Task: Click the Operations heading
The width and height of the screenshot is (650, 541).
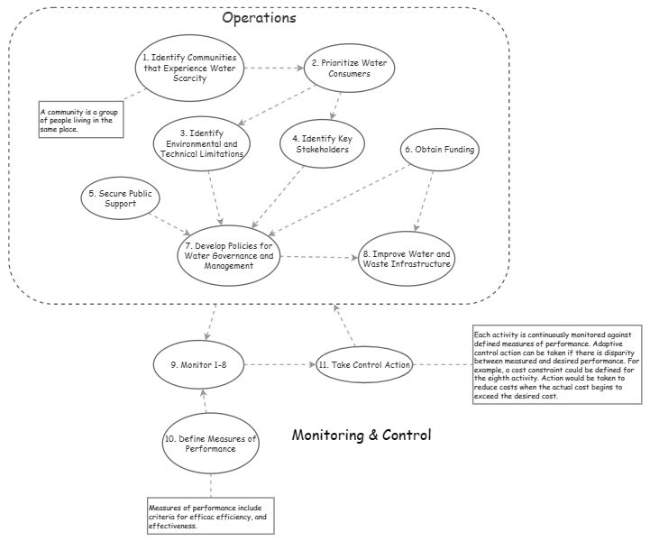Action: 259,18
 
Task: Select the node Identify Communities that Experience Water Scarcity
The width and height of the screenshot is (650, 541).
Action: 189,68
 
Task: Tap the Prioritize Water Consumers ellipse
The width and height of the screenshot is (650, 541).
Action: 349,69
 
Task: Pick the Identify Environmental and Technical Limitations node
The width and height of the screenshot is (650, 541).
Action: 202,143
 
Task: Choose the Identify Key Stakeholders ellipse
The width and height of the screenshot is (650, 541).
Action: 322,144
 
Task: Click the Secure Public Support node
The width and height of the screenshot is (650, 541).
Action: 120,198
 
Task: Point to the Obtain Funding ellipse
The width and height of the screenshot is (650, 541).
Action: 439,150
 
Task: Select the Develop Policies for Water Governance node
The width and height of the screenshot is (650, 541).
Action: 229,256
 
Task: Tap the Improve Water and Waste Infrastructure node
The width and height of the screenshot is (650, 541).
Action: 407,259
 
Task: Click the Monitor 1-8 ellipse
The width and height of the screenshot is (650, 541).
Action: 198,365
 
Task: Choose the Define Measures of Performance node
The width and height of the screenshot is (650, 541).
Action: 211,443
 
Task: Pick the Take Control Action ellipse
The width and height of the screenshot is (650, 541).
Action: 365,365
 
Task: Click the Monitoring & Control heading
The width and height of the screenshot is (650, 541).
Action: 362,435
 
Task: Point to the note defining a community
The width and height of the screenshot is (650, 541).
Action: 81,119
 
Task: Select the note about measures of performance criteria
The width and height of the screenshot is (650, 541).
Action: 211,516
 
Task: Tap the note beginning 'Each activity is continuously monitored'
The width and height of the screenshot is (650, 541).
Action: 557,364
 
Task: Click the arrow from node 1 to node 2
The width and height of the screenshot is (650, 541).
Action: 274,68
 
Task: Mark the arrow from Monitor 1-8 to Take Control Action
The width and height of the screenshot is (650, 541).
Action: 280,365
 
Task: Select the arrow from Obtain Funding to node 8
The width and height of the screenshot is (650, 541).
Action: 424,201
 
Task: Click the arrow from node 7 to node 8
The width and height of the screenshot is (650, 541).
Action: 319,257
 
